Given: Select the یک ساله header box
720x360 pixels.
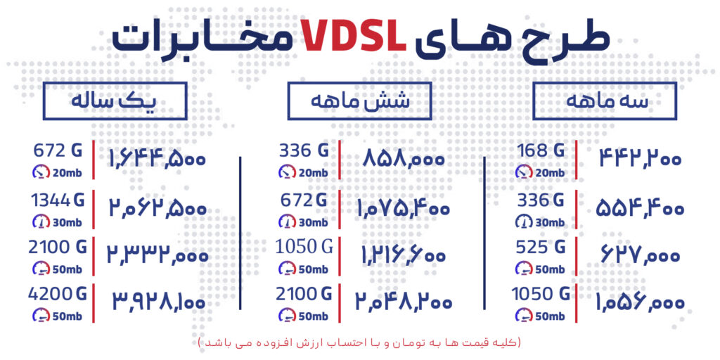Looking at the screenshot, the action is point(115,101).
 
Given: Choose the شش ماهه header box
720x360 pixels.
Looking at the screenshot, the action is point(359,101).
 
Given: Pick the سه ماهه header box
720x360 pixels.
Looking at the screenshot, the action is point(605,101).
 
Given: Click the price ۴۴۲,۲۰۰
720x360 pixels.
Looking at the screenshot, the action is point(640,159).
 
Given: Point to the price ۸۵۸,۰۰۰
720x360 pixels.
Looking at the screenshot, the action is point(404,160).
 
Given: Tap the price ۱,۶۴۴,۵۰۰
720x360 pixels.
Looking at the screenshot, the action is point(157,160).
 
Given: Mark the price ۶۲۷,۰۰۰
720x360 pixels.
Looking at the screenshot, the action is point(640,255).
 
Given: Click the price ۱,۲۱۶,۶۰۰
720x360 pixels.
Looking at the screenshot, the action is point(400,255).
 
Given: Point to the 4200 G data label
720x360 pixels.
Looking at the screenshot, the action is point(56,292).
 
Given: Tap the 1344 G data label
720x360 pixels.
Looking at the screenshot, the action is point(58,200).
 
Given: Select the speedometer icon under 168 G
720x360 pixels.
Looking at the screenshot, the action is point(523,172).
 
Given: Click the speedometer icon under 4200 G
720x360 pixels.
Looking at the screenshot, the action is point(41,315).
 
